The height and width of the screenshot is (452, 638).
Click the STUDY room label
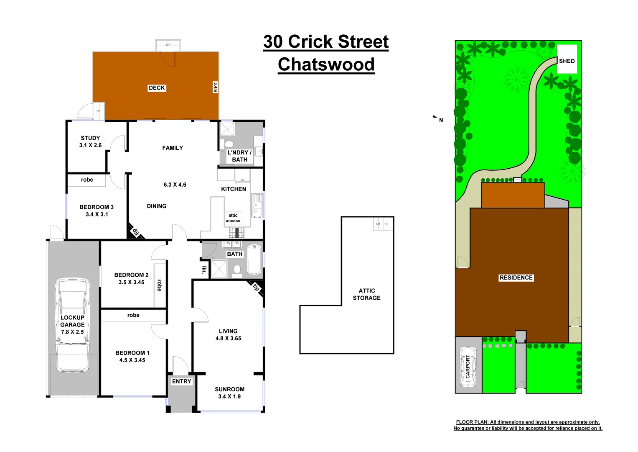(90, 138)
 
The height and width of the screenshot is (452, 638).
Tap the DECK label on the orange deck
(157, 88)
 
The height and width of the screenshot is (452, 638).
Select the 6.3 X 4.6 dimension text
(175, 185)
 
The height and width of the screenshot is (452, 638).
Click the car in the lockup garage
(73, 325)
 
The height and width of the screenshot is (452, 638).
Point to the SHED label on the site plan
(567, 61)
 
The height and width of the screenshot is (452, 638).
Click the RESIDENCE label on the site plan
(516, 277)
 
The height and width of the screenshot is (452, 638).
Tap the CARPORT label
(468, 367)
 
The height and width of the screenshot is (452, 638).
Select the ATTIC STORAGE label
(366, 294)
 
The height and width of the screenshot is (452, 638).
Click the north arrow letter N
(441, 121)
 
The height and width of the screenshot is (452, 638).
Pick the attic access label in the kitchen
(233, 218)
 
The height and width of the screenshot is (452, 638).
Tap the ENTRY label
(181, 381)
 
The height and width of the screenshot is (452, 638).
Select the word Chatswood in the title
(326, 64)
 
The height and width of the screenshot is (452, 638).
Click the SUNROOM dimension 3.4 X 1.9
(229, 396)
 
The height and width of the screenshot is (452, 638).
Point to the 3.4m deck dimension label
(215, 87)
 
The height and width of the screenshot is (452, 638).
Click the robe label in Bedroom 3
(87, 180)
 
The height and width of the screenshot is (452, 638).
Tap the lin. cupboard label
(204, 270)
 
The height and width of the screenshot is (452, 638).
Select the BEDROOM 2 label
(131, 275)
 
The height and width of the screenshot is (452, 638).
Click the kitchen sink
(257, 206)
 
